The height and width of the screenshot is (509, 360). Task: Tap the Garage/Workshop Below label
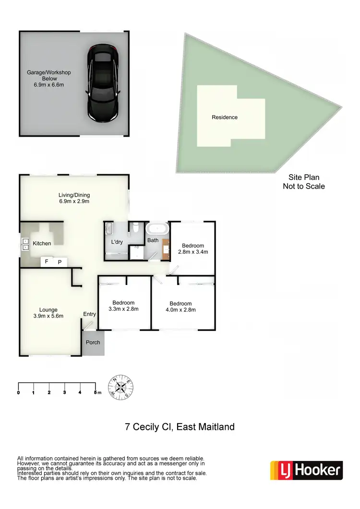48,78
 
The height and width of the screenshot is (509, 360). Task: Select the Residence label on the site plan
225,117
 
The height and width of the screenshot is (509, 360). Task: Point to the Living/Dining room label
74,198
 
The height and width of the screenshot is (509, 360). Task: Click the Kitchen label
42,243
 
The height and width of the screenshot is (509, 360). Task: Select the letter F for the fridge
47,262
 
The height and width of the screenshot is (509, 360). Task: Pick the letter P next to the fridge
60,262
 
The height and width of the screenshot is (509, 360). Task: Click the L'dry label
117,242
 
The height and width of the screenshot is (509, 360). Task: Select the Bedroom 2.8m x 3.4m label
192,249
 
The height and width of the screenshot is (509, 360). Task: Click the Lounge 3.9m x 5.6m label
48,313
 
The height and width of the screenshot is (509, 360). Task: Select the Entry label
90,314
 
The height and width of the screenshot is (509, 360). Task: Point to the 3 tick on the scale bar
64,392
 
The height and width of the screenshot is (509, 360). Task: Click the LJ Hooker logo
306,470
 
